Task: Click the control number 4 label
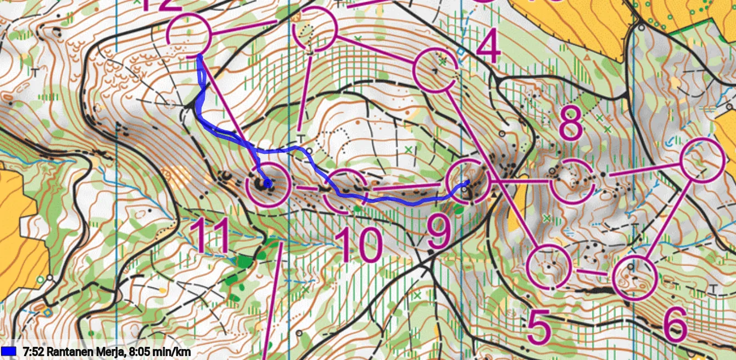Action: pos(488,48)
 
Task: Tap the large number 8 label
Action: pos(571,125)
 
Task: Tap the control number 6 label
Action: pos(676,324)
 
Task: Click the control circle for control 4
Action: pos(434,70)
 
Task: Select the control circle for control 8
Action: pos(572,181)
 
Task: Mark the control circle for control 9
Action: pos(468,181)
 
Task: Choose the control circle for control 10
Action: pos(345,190)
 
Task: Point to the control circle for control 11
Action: pos(268,185)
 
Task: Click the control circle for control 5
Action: pos(548,267)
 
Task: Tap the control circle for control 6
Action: pos(635,278)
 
